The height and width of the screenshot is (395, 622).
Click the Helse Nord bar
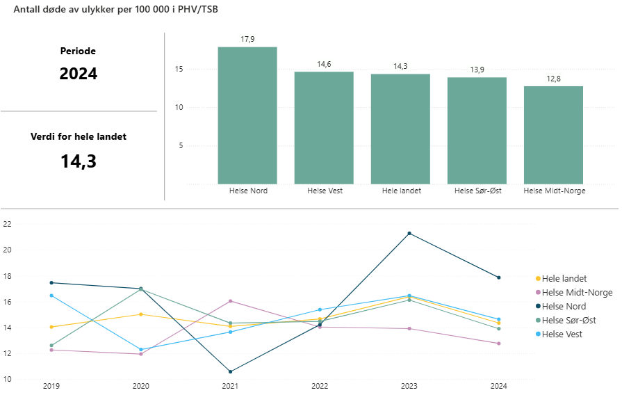[247, 115]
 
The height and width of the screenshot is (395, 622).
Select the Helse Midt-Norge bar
[553, 135]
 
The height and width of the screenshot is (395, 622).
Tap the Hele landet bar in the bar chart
[400, 129]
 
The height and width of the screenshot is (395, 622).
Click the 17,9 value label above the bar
[247, 39]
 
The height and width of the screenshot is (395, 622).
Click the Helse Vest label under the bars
[324, 191]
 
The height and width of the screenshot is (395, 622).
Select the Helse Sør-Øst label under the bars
[477, 191]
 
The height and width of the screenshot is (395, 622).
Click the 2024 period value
[79, 74]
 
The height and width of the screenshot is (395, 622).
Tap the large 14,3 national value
[79, 161]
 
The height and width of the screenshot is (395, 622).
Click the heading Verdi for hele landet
[79, 137]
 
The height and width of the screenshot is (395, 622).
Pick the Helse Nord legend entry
[564, 306]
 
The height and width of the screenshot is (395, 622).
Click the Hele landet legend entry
[564, 278]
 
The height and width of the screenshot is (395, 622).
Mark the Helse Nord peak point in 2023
[409, 233]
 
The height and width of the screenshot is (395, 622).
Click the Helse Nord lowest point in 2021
[230, 371]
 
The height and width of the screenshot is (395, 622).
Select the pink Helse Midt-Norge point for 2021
[230, 301]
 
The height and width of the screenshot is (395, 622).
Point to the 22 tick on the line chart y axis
[8, 224]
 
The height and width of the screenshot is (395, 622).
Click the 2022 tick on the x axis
[320, 385]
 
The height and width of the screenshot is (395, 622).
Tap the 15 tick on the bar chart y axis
[179, 70]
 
